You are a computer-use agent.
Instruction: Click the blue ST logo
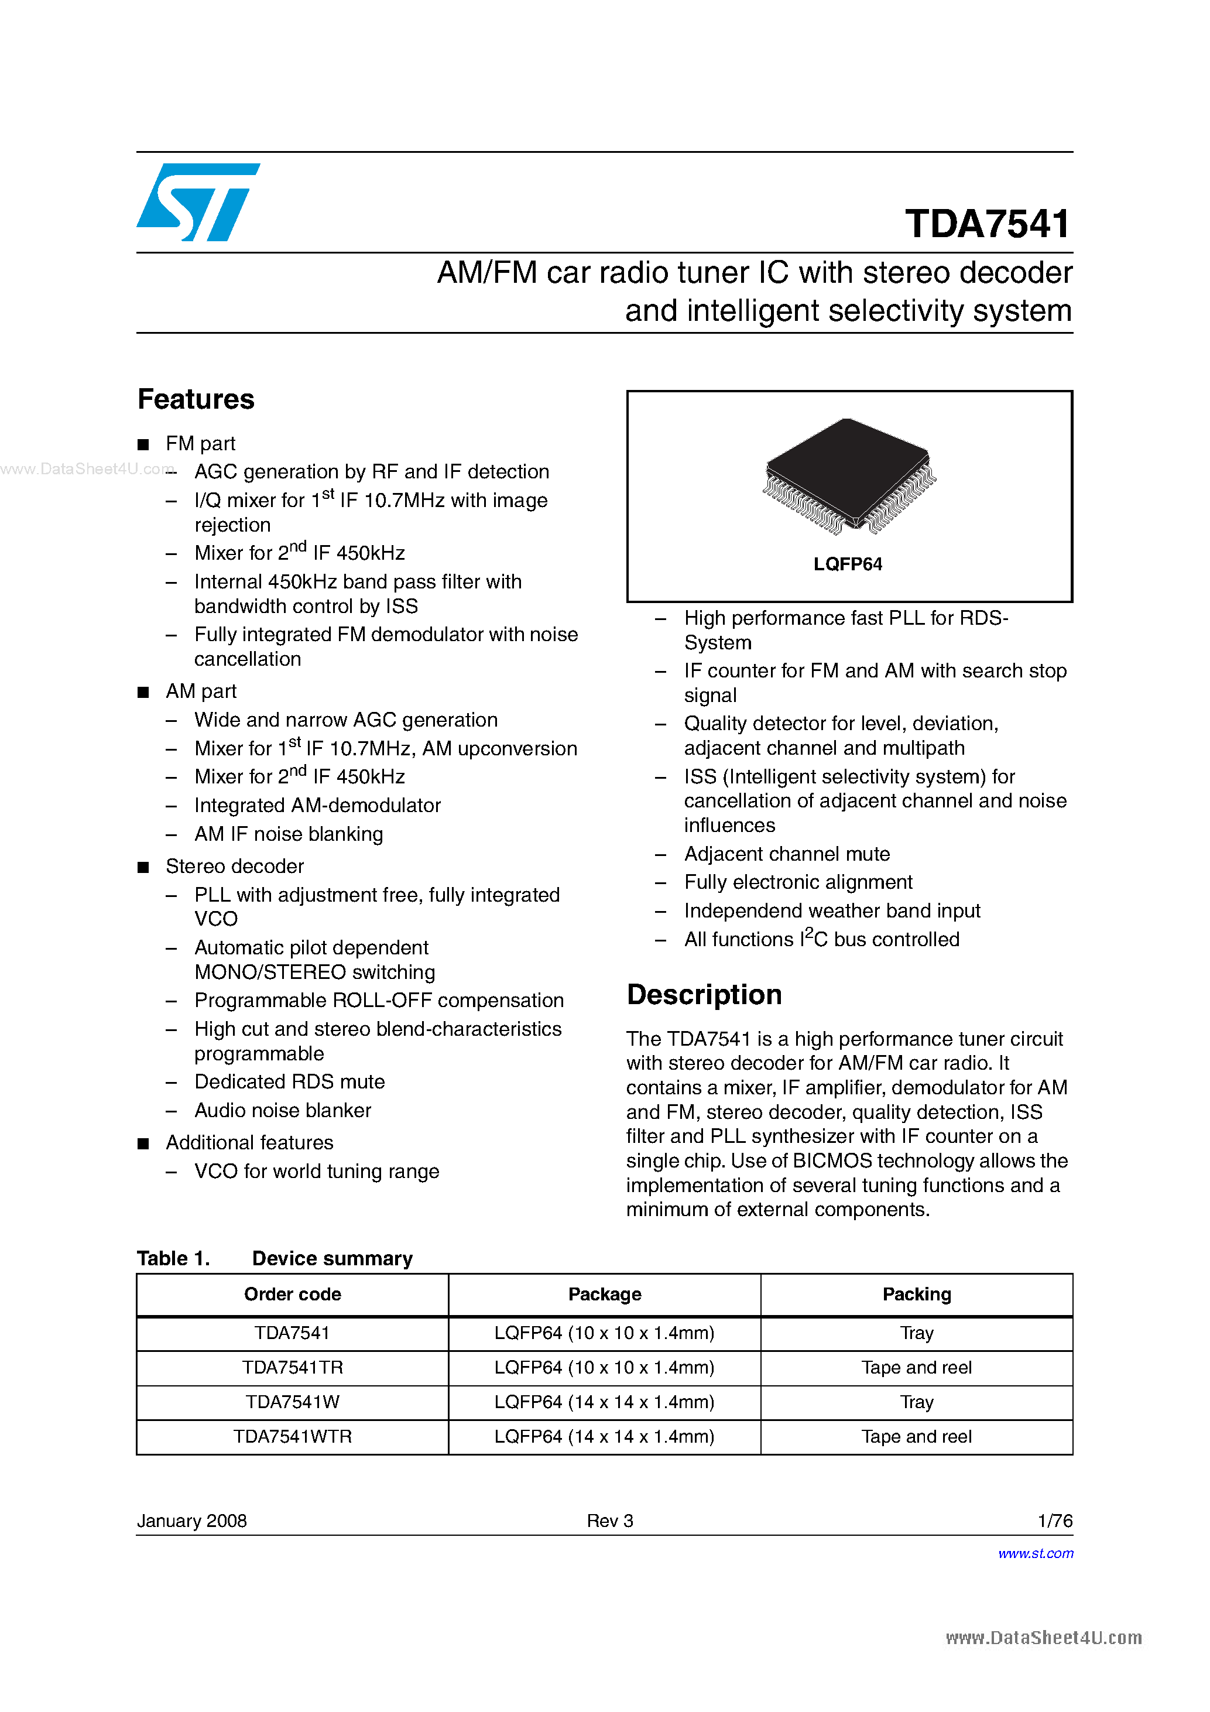pos(197,202)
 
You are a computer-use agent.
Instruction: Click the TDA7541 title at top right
pos(987,224)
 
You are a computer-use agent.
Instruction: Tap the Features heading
pos(196,400)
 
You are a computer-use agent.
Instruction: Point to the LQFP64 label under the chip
pos(848,564)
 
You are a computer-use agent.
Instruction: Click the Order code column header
pos(292,1295)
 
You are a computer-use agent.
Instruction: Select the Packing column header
pos(916,1295)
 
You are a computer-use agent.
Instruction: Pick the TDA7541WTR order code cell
pos(292,1437)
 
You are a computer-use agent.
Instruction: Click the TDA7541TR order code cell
pos(292,1368)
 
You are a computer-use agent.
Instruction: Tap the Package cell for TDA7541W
pos(604,1402)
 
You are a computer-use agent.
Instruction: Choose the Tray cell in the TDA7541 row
pos(916,1333)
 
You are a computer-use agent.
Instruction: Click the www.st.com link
pos(1036,1553)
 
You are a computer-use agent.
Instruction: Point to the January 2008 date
pos(191,1521)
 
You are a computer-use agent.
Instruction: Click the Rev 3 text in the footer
pos(610,1521)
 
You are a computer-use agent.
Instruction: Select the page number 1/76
pos(1054,1521)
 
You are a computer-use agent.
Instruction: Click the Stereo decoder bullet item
pos(234,867)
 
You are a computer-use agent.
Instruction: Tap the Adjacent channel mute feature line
pos(787,854)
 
